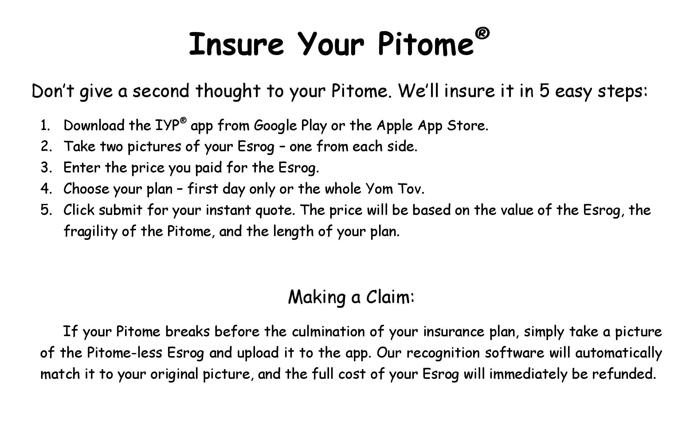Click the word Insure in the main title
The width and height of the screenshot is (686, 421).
236,44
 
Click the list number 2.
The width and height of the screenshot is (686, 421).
46,146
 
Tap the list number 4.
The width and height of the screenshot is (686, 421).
46,189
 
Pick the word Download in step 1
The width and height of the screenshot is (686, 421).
94,125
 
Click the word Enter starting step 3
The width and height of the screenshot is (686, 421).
82,168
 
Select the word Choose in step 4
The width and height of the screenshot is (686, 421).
86,189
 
